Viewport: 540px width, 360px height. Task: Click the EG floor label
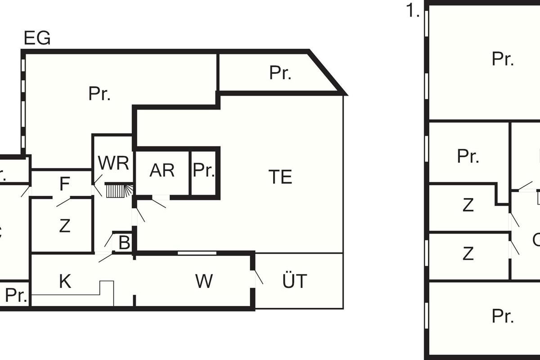pos(37,39)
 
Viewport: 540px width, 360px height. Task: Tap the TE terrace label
pos(280,177)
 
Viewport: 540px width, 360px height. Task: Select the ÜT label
pos(295,281)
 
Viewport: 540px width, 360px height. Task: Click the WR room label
pos(113,163)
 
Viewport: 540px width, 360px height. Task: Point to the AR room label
pos(162,171)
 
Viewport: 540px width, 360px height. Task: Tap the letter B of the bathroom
pos(124,243)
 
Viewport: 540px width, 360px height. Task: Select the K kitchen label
pos(65,282)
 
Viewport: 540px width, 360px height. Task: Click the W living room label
pos(204,281)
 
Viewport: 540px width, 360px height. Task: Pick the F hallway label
pos(65,184)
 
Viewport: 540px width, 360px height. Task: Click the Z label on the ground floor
pos(65,226)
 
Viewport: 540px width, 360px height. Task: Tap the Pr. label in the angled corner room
pos(280,73)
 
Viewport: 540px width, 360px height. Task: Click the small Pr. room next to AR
pos(204,171)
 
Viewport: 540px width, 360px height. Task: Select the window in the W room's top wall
pos(197,253)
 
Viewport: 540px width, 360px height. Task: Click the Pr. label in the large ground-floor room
pos(99,94)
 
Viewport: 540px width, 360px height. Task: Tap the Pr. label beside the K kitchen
pos(16,296)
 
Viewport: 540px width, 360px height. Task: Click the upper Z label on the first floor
pos(468,205)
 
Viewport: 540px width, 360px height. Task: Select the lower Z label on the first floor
pos(468,254)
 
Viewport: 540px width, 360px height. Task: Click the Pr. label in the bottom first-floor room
pos(503,316)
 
